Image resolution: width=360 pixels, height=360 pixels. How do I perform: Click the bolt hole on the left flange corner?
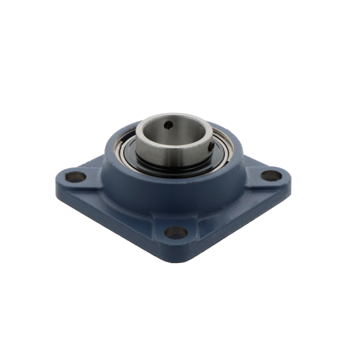click(x=75, y=177)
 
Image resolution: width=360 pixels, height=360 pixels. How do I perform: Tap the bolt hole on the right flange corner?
click(x=271, y=175)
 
